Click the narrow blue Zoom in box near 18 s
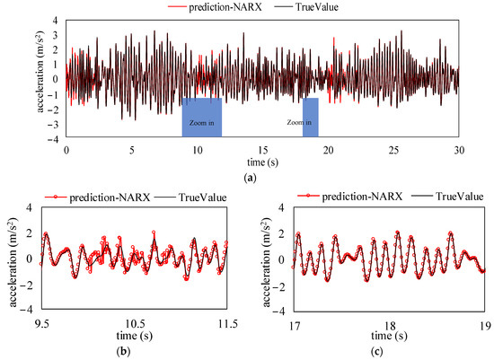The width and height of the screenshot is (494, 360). click(x=311, y=118)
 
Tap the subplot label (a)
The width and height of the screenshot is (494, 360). click(x=260, y=178)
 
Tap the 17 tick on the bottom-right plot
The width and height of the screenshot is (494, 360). click(x=294, y=316)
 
